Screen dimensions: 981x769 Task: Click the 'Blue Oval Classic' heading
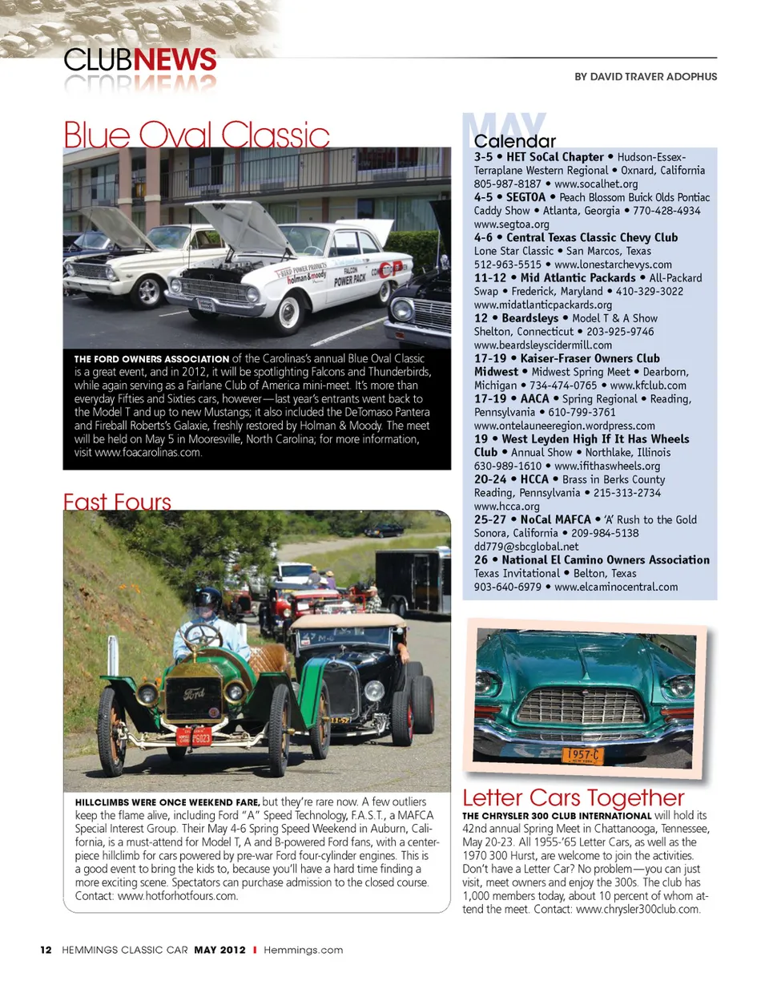click(196, 133)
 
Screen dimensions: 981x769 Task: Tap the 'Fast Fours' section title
click(117, 503)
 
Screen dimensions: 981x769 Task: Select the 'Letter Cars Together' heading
click(574, 797)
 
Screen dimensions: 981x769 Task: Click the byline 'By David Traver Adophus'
click(646, 77)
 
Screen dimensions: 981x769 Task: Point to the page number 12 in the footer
click(46, 950)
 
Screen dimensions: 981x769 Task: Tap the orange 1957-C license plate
click(582, 755)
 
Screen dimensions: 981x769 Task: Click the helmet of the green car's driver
click(207, 598)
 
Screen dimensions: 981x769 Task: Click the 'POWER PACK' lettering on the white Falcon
click(350, 280)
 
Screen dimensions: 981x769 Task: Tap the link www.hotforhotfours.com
click(178, 896)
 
